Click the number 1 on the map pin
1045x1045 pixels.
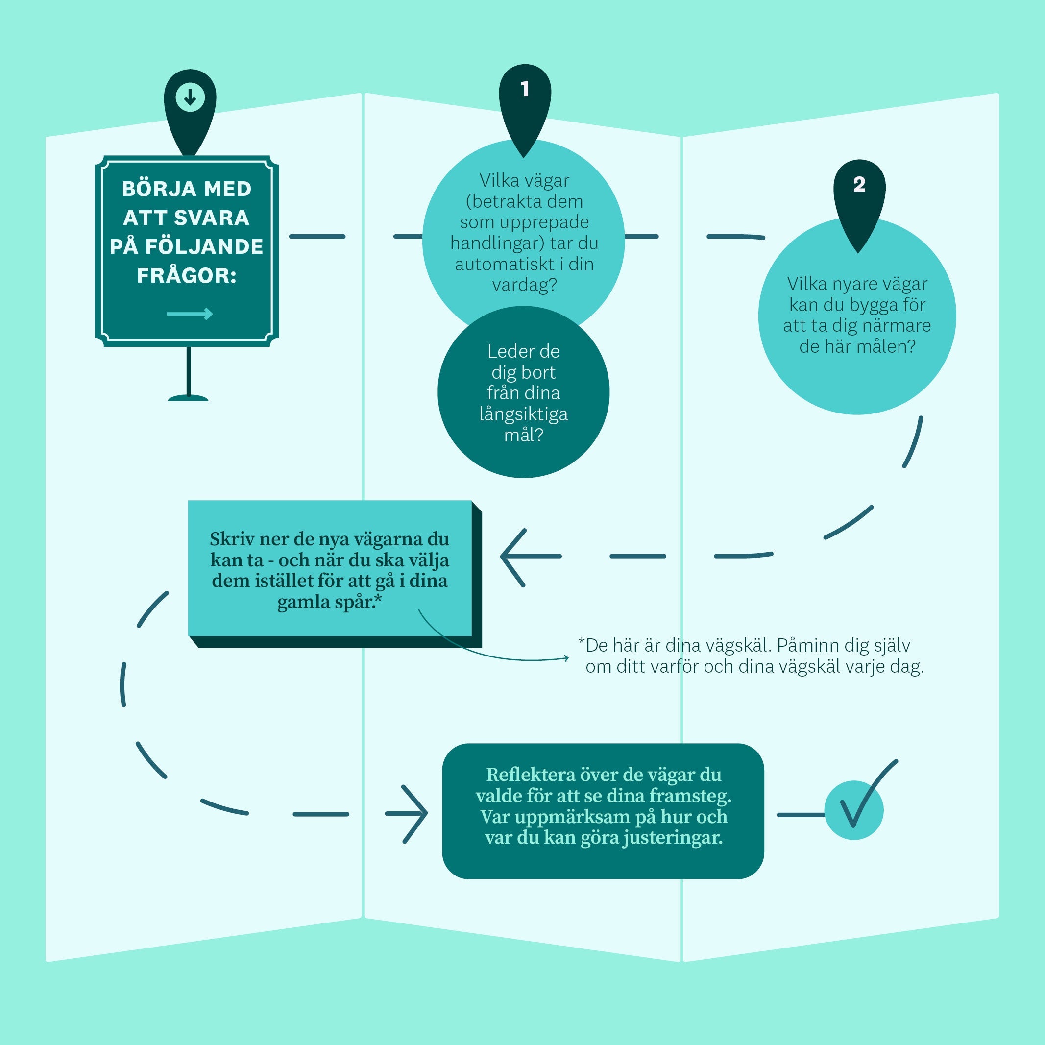[525, 89]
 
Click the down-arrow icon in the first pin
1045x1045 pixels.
[190, 98]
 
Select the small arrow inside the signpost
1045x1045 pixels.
[190, 314]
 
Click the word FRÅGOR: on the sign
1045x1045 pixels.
[187, 276]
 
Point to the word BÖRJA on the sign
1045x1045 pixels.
[156, 189]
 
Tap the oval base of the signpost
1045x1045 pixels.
[188, 398]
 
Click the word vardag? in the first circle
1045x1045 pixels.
[524, 285]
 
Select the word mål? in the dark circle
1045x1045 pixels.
[523, 435]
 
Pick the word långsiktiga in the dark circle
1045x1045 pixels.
[523, 414]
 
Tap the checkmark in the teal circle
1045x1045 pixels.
[860, 801]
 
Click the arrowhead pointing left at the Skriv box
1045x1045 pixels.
[511, 557]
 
